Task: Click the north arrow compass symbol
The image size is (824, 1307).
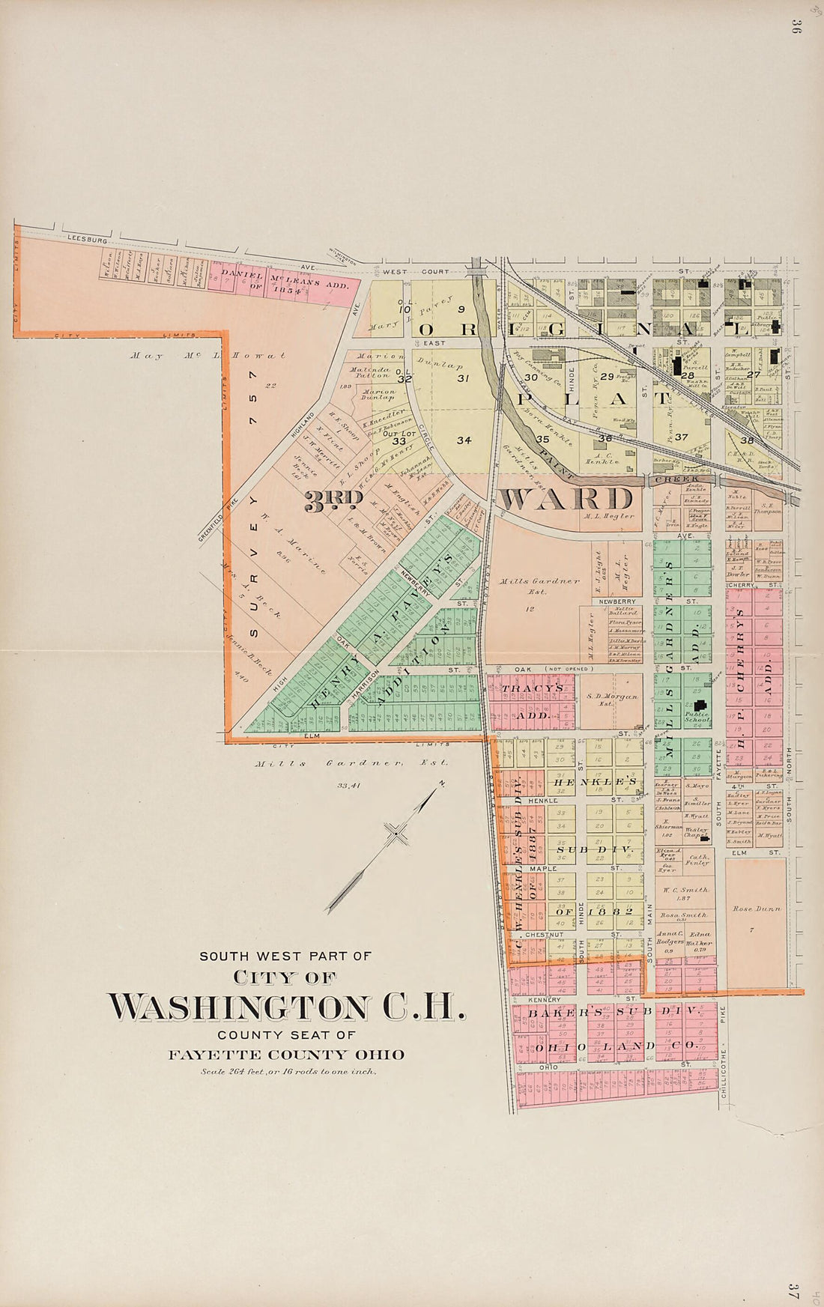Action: [x=393, y=832]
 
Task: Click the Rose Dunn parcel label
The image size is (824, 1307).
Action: [x=757, y=909]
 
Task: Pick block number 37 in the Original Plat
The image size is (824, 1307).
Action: [x=681, y=437]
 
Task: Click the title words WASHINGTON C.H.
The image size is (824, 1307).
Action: [x=286, y=1007]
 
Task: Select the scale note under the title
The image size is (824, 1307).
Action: [x=288, y=1071]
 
